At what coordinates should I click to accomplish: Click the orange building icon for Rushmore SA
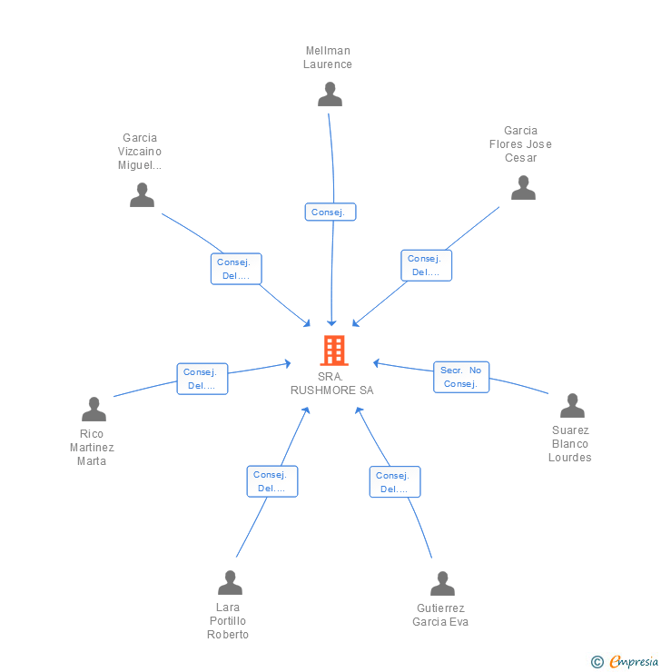coord(333,351)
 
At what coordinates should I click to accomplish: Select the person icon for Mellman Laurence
coord(330,94)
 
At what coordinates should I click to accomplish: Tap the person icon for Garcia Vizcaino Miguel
coord(142,194)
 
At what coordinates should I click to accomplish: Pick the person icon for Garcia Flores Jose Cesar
coord(523,187)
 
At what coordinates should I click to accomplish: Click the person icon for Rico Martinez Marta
coord(94,410)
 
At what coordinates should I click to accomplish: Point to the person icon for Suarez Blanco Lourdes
coord(572,406)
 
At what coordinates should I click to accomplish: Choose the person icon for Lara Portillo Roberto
coord(230,582)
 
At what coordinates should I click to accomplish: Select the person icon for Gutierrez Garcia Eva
coord(442,583)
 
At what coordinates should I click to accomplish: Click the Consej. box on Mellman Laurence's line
coord(330,212)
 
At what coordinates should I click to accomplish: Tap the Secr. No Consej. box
coord(461,377)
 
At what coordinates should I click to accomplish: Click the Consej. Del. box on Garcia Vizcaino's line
coord(236,269)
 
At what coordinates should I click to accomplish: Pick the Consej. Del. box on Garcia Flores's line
coord(426,265)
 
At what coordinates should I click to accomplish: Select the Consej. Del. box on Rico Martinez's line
coord(202,379)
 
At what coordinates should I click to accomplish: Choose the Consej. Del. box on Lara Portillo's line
coord(271,481)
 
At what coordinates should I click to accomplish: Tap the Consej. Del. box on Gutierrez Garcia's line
coord(394,482)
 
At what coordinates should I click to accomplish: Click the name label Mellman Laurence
coord(328,57)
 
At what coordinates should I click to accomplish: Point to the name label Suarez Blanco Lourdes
coord(570,444)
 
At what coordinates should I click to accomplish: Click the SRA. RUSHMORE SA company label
coord(331,383)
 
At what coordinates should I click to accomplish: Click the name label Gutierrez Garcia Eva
coord(440,615)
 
